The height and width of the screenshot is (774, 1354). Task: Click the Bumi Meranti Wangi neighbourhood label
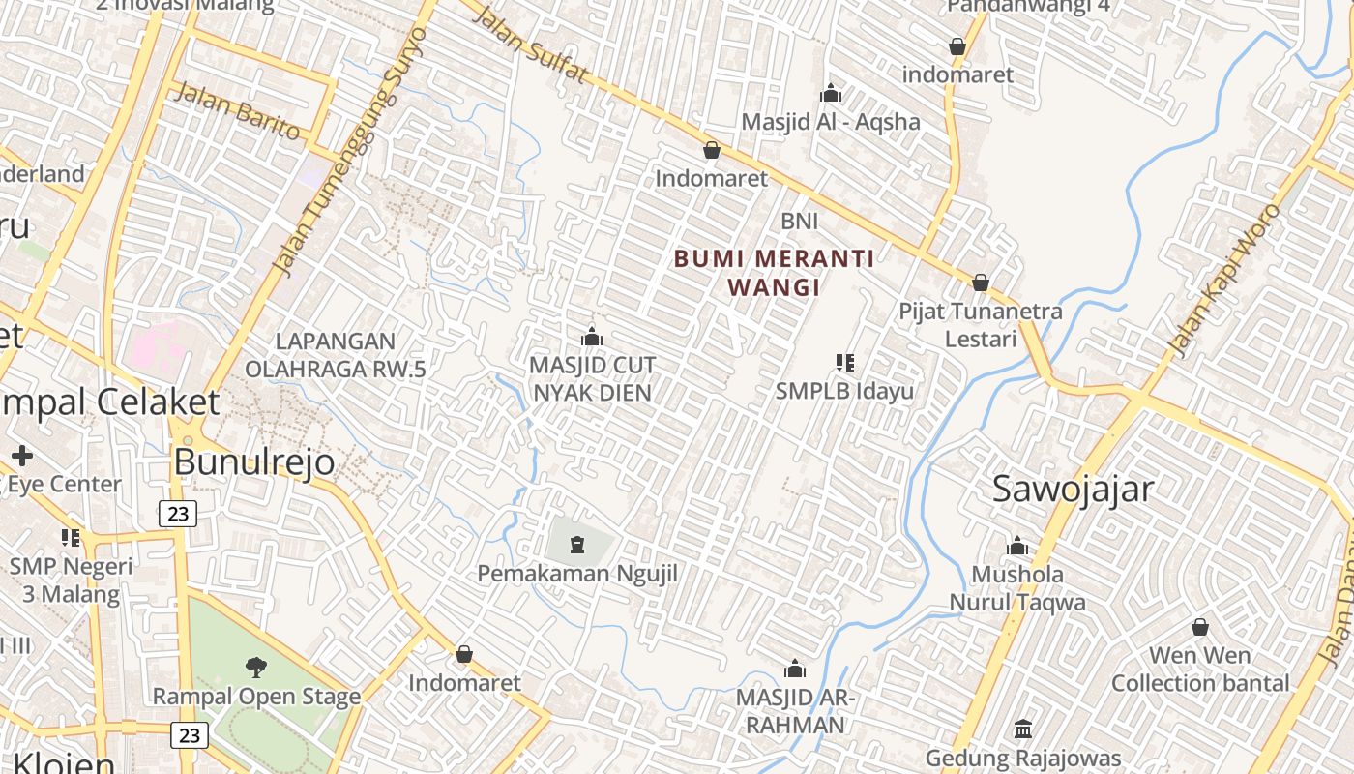pyautogui.click(x=774, y=273)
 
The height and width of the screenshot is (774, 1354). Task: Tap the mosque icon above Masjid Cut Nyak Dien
pyautogui.click(x=592, y=337)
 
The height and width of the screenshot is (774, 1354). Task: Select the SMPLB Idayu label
pyautogui.click(x=844, y=392)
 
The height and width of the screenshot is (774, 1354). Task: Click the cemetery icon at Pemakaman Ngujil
pyautogui.click(x=577, y=545)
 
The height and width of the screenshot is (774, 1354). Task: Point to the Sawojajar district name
pyautogui.click(x=1073, y=490)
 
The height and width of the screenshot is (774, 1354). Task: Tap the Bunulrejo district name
pyautogui.click(x=254, y=461)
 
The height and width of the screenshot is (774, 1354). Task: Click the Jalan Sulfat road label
pyautogui.click(x=531, y=45)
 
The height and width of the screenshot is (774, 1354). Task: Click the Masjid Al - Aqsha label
pyautogui.click(x=831, y=122)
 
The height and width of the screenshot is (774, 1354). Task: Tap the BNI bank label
pyautogui.click(x=800, y=222)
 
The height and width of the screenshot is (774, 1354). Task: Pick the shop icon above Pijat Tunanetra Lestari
pyautogui.click(x=980, y=283)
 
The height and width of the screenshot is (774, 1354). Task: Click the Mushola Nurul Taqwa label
pyautogui.click(x=1017, y=588)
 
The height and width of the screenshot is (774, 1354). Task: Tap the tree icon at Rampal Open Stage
pyautogui.click(x=256, y=666)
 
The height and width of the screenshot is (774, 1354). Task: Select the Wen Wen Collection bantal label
pyautogui.click(x=1200, y=670)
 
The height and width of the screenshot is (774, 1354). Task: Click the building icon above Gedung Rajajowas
pyautogui.click(x=1023, y=729)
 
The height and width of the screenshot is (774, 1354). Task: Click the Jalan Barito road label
pyautogui.click(x=236, y=110)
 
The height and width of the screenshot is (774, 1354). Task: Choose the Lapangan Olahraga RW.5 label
pyautogui.click(x=335, y=355)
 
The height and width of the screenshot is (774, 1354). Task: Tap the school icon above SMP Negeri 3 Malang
pyautogui.click(x=71, y=537)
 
